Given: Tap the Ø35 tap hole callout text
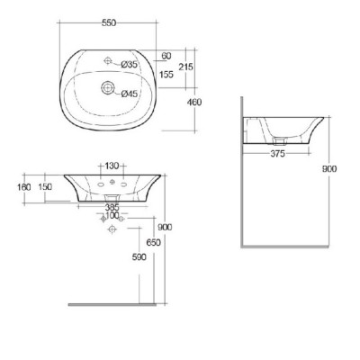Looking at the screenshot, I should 130,64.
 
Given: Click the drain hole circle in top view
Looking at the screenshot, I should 109,88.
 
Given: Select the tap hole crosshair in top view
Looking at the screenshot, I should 109,61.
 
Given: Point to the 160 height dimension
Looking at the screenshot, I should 24,186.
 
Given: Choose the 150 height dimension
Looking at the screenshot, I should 45,186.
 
